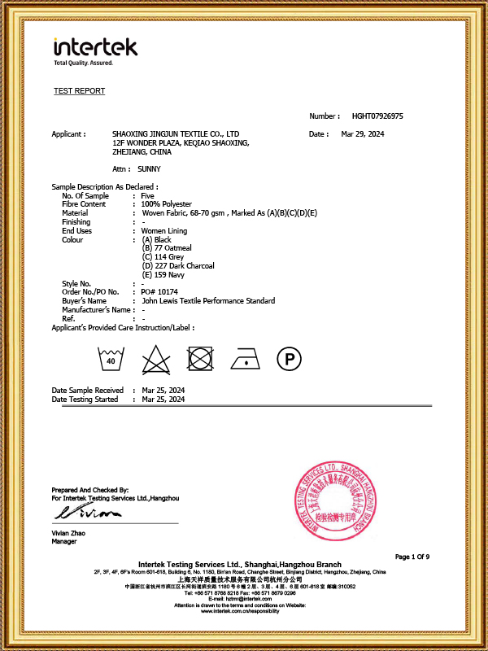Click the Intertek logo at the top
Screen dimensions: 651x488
pos(95,49)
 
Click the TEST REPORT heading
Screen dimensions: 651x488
pos(79,91)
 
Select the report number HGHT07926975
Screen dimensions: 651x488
pos(377,116)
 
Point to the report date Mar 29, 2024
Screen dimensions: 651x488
pos(362,133)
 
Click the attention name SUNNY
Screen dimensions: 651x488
pos(149,168)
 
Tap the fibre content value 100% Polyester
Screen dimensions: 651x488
pos(167,204)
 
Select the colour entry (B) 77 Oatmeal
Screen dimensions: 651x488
pos(167,248)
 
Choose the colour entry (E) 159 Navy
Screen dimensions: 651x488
pos(163,275)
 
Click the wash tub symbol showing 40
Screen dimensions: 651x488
pos(108,358)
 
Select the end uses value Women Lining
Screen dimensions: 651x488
pos(165,231)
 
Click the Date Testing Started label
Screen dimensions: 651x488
pos(85,400)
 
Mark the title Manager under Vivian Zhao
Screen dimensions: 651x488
pos(64,540)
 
